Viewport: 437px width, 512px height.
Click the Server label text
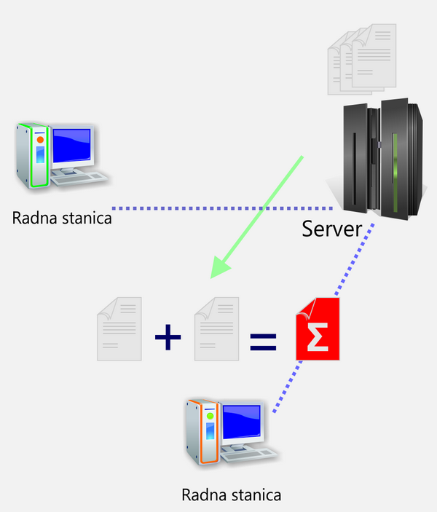(331, 229)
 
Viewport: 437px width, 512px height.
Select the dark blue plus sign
(168, 336)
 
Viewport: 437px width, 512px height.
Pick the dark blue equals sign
(264, 340)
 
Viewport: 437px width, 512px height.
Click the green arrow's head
(219, 269)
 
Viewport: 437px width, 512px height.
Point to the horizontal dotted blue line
(219, 206)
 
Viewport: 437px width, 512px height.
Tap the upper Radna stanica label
(62, 217)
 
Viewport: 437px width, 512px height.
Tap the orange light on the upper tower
(40, 139)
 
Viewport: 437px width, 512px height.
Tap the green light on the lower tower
(210, 416)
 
